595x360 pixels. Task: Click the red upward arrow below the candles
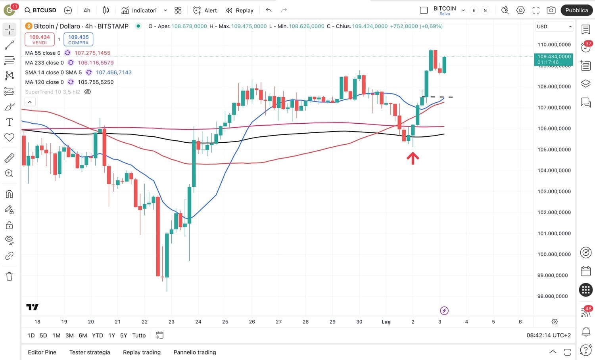(x=413, y=158)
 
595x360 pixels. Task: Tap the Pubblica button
(x=576, y=10)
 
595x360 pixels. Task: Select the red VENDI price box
(x=39, y=39)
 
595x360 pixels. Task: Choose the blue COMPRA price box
(x=78, y=39)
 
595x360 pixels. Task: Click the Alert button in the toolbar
(x=205, y=10)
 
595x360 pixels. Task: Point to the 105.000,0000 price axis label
(x=554, y=149)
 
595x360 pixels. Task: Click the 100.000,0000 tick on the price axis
(x=554, y=254)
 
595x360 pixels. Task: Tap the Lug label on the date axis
(x=386, y=322)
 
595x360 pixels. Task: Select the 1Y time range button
(x=112, y=335)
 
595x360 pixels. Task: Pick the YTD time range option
(x=97, y=335)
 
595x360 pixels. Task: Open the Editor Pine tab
(x=42, y=352)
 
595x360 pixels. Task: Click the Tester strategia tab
(x=90, y=352)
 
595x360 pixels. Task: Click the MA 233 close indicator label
(x=44, y=63)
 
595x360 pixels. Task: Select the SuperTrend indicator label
(x=52, y=92)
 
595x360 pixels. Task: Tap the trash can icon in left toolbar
(x=9, y=276)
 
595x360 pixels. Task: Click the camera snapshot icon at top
(x=551, y=10)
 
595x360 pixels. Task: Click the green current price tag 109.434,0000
(x=553, y=59)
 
